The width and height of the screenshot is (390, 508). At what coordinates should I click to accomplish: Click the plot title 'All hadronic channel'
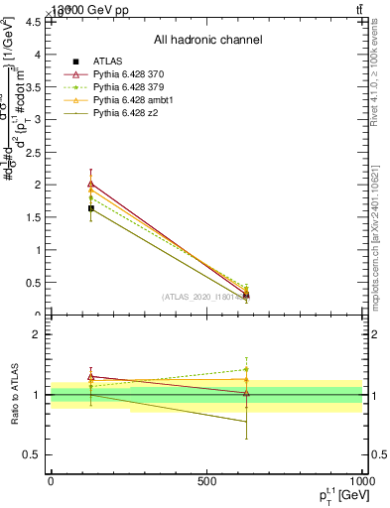click(x=207, y=41)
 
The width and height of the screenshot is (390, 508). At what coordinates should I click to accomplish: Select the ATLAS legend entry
click(x=109, y=63)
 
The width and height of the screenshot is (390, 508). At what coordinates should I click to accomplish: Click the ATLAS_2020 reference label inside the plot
click(x=203, y=297)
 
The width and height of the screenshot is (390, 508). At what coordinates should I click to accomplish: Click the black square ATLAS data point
click(x=91, y=208)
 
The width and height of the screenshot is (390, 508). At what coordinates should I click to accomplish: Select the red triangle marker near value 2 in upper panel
click(x=91, y=184)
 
